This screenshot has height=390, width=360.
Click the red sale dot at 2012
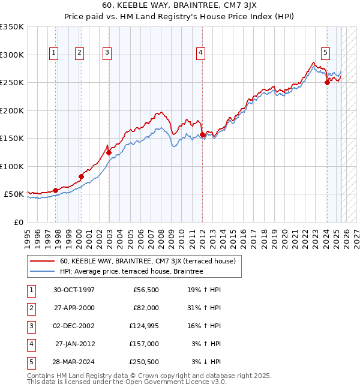tap(203, 135)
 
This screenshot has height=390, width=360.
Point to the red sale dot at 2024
tap(327, 83)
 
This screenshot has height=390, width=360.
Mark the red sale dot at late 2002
tap(109, 152)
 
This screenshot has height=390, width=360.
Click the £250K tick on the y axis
tap(12, 82)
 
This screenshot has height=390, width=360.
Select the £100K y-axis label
tap(12, 166)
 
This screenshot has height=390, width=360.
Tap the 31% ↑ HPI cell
tap(205, 308)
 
